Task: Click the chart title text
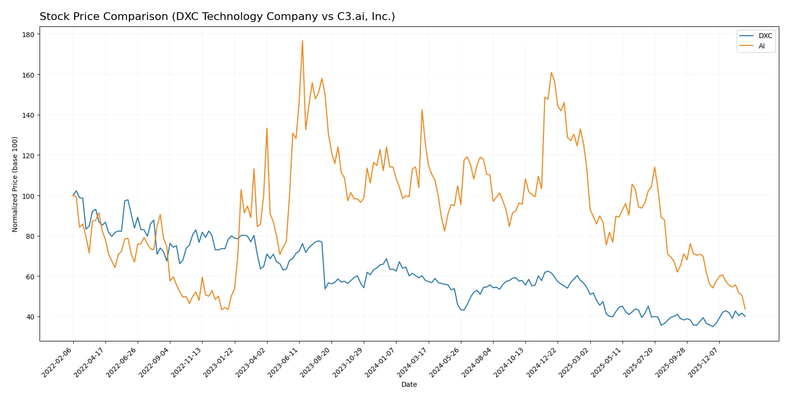pyautogui.click(x=217, y=17)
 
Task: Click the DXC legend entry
pyautogui.click(x=765, y=36)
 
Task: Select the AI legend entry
pyautogui.click(x=761, y=46)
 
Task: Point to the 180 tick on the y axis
pyautogui.click(x=28, y=34)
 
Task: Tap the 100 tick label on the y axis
pyautogui.click(x=28, y=196)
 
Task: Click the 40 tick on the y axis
pyautogui.click(x=30, y=317)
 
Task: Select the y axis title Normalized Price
pyautogui.click(x=15, y=184)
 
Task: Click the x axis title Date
pyautogui.click(x=409, y=384)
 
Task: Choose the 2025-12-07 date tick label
pyautogui.click(x=704, y=362)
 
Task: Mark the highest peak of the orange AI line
pyautogui.click(x=302, y=41)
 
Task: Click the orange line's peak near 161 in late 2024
pyautogui.click(x=551, y=73)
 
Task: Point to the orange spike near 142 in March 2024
pyautogui.click(x=422, y=110)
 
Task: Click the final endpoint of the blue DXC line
pyautogui.click(x=745, y=316)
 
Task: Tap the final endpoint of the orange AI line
pyautogui.click(x=745, y=309)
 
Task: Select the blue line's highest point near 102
pyautogui.click(x=76, y=191)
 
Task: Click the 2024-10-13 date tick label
pyautogui.click(x=510, y=362)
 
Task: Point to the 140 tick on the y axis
pyautogui.click(x=28, y=115)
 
